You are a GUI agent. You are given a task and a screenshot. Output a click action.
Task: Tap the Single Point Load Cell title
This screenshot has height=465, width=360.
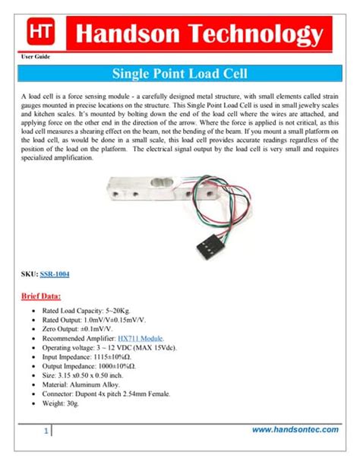coord(180,74)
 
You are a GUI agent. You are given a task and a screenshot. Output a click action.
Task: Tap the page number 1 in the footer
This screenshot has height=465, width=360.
coord(46,431)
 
